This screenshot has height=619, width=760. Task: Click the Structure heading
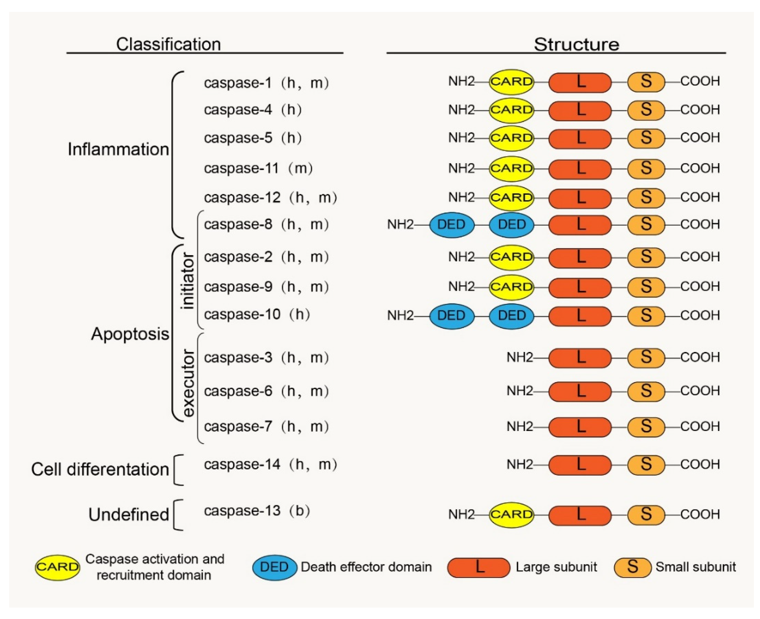coord(576,44)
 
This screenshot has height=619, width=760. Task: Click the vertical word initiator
coord(188,281)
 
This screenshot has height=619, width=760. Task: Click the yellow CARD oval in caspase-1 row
coord(511,82)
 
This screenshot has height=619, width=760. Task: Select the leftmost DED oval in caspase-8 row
coord(451,225)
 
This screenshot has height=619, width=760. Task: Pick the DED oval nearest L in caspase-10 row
coord(511,316)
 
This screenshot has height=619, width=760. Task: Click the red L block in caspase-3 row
coord(580,358)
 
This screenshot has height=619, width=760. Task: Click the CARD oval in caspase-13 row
coord(511,515)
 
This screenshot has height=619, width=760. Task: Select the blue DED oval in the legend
coord(274,567)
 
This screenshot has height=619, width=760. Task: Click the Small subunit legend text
coord(695,567)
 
